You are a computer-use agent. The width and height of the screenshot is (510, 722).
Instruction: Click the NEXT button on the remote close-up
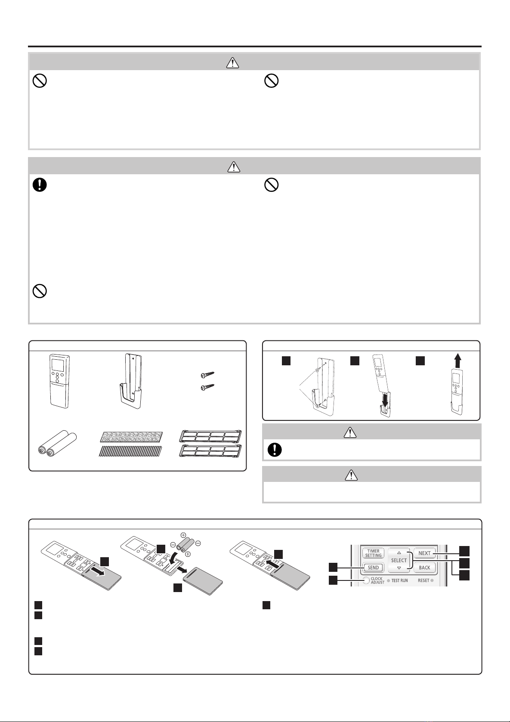pyautogui.click(x=424, y=553)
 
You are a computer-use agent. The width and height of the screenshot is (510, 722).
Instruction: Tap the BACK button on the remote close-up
pyautogui.click(x=424, y=568)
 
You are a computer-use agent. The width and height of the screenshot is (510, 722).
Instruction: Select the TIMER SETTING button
pyautogui.click(x=373, y=553)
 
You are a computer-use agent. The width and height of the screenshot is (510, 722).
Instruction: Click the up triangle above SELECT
pyautogui.click(x=399, y=552)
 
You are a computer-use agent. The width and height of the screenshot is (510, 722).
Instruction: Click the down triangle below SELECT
pyautogui.click(x=399, y=568)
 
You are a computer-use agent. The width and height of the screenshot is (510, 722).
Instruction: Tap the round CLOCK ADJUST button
pyautogui.click(x=366, y=580)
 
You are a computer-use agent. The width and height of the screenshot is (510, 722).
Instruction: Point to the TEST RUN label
pyautogui.click(x=399, y=580)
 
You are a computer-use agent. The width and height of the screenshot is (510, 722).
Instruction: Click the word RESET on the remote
pyautogui.click(x=423, y=580)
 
